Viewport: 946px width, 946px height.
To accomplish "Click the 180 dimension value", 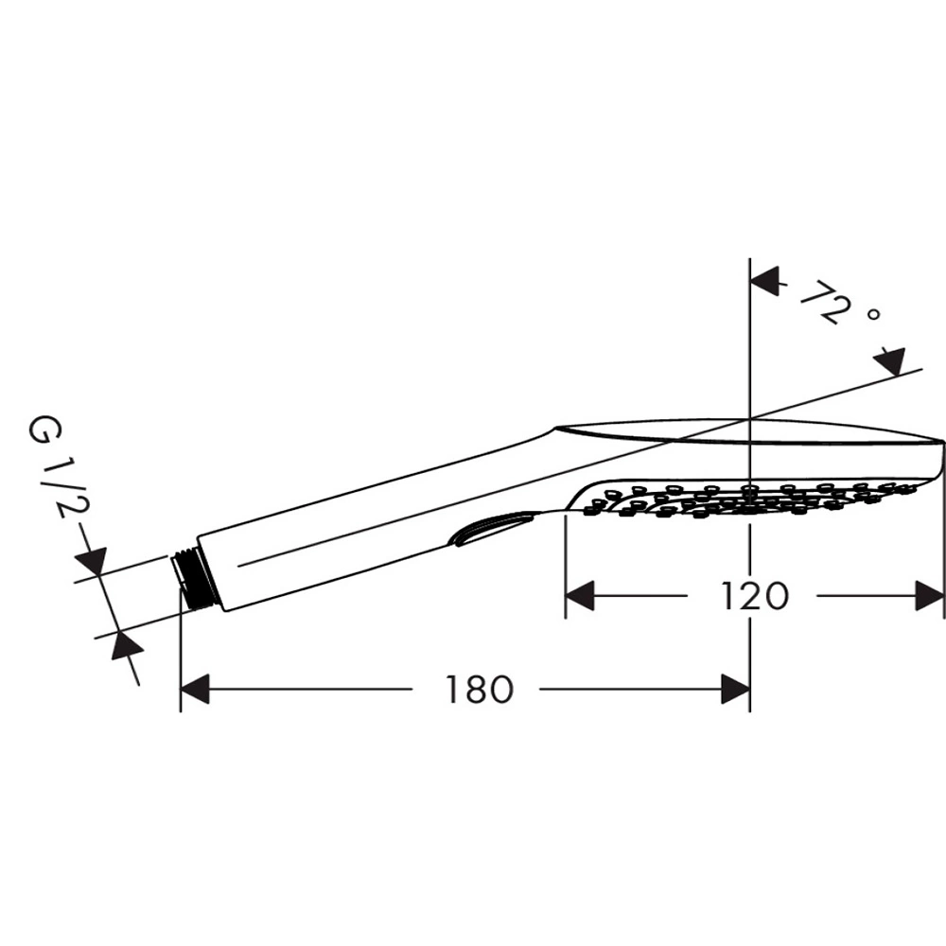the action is coord(479,689).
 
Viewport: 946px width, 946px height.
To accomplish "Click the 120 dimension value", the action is coord(755,596).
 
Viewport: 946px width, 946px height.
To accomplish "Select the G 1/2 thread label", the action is coord(58,467).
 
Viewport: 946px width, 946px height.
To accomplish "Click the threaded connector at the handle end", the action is coord(187,578).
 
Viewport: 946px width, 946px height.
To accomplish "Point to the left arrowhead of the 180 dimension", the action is coord(195,689).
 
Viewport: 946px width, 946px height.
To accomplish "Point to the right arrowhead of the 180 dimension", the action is coord(735,689).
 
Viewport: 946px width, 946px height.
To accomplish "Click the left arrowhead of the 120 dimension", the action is coord(580,596).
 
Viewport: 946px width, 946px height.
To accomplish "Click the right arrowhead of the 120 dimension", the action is coord(929,596).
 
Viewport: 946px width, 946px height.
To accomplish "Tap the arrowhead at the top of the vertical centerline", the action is coord(764,282).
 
